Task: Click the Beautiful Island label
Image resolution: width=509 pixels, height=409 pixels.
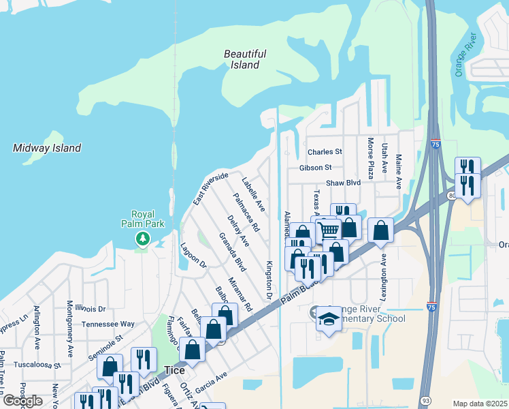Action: tap(244, 59)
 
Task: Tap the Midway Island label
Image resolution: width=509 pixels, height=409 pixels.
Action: tap(47, 148)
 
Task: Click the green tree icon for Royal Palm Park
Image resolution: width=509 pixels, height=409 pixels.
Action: tap(142, 238)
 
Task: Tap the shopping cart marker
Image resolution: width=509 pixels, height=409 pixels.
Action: tap(329, 229)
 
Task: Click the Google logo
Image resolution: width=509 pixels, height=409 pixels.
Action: tap(22, 401)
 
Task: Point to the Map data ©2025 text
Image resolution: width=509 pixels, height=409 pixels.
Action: tap(480, 404)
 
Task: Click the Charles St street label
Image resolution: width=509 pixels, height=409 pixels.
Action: tap(324, 152)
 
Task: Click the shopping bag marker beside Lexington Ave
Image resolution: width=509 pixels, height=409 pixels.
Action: tap(381, 230)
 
